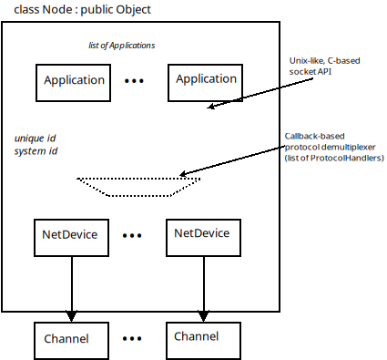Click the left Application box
click(73, 81)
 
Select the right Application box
click(206, 81)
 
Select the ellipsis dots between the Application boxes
click(135, 81)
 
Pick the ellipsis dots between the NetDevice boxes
click(133, 235)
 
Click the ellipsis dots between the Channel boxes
click(133, 338)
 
